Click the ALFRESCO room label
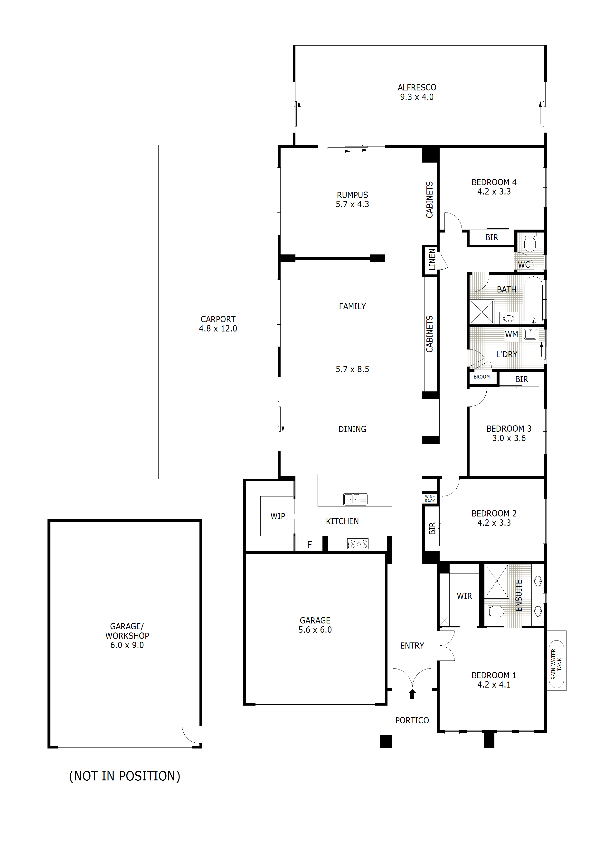(416, 87)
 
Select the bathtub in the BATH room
(533, 300)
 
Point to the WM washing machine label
(511, 334)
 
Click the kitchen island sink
(355, 499)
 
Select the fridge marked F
(309, 545)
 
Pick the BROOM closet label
(481, 377)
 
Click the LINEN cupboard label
(432, 260)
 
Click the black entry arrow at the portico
(412, 694)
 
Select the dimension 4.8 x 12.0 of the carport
(218, 329)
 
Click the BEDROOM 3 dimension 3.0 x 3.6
(509, 438)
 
